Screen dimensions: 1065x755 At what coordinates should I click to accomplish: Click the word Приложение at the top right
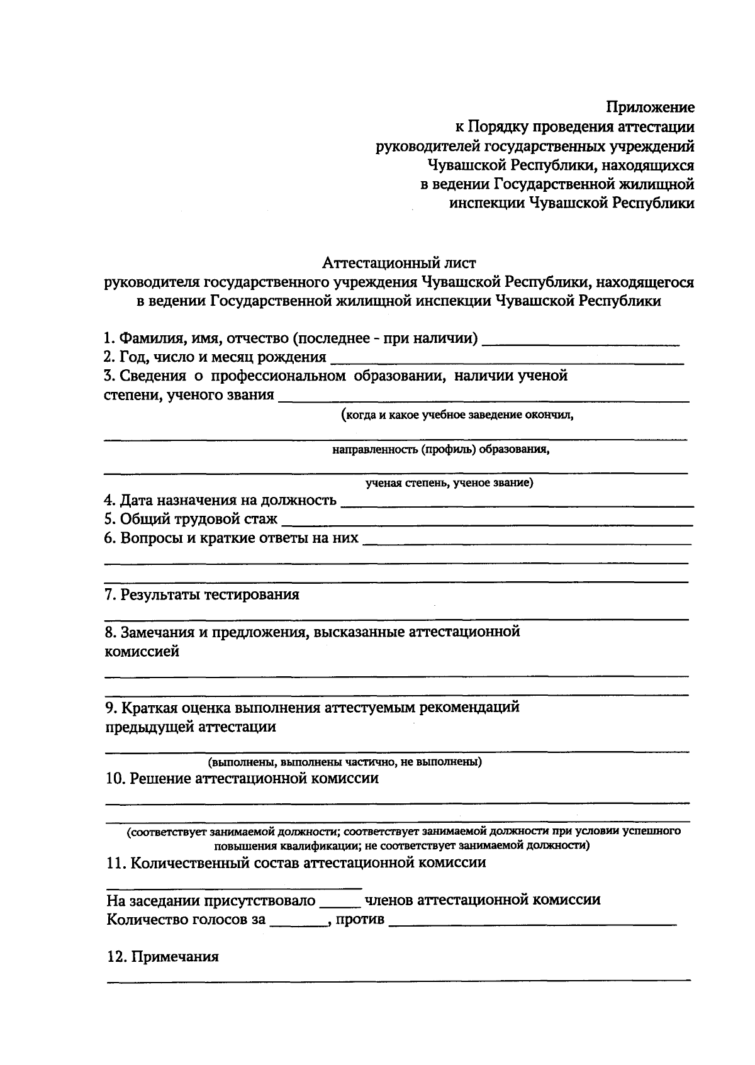[x=650, y=108]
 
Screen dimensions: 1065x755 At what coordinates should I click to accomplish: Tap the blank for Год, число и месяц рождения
[x=506, y=362]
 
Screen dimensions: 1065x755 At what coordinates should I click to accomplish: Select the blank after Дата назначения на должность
[x=516, y=505]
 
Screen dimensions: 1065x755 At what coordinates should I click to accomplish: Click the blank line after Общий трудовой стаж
[x=487, y=523]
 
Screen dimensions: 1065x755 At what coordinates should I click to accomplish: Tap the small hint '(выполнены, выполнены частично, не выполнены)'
[x=345, y=762]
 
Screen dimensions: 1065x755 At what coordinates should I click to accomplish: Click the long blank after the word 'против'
[x=532, y=924]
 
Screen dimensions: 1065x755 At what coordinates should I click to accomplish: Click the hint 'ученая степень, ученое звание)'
[x=450, y=483]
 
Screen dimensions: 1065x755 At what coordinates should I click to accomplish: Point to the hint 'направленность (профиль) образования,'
[x=442, y=450]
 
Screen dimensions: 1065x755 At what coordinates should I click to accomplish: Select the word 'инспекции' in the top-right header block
[x=487, y=203]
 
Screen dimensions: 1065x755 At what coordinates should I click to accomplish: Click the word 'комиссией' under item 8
[x=142, y=652]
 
